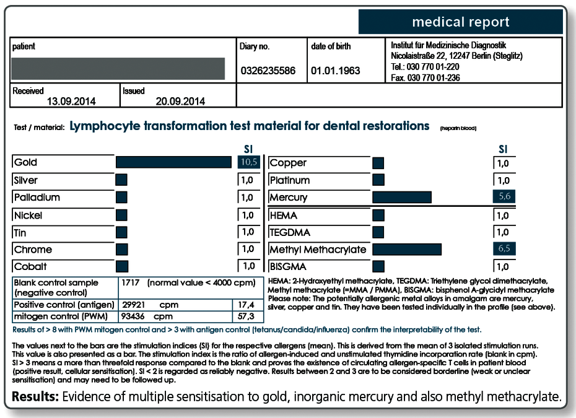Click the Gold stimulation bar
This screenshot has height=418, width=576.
(173, 162)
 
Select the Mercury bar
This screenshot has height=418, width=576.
(402, 197)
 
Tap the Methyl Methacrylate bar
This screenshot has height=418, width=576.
(407, 249)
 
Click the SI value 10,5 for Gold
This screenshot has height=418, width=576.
(249, 162)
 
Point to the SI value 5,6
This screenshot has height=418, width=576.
(504, 196)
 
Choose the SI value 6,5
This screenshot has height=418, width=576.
(504, 248)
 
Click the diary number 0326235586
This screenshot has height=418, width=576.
(268, 71)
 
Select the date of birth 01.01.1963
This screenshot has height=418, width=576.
(336, 71)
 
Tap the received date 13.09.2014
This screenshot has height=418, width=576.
(71, 102)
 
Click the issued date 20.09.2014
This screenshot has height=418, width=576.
(180, 102)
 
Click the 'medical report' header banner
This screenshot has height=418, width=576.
(461, 22)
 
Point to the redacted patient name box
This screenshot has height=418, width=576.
(118, 68)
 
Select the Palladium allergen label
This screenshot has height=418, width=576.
(37, 198)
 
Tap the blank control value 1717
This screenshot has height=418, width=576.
(131, 282)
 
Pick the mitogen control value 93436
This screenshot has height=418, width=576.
(133, 316)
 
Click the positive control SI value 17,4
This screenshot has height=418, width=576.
(246, 305)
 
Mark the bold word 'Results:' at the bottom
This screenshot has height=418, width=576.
(35, 397)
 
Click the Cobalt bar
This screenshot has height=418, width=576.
(122, 266)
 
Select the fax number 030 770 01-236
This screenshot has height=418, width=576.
(434, 77)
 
